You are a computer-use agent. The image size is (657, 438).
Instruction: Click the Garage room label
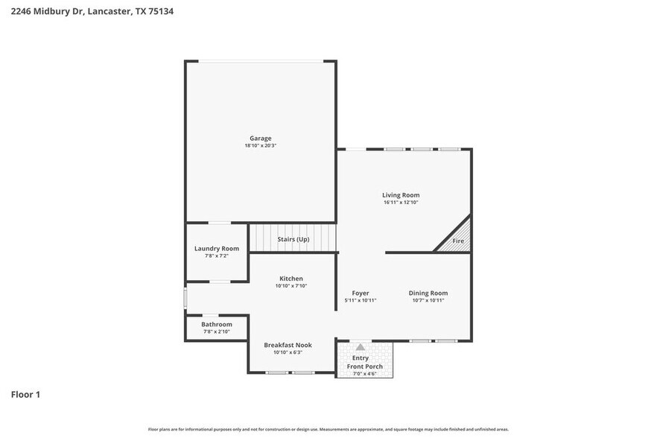(x=260, y=138)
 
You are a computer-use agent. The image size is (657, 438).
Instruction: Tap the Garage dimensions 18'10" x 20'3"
(x=260, y=146)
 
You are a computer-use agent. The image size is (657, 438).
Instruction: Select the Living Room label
(x=401, y=195)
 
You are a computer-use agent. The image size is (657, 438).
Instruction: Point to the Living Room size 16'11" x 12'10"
(x=401, y=203)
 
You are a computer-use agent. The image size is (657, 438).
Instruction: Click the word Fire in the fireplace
(x=458, y=241)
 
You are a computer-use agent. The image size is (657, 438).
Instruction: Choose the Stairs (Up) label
(x=293, y=239)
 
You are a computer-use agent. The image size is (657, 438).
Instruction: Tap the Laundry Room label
(x=217, y=248)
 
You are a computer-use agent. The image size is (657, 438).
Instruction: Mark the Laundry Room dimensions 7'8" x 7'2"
(x=217, y=256)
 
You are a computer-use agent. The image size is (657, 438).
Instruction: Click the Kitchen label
(x=291, y=279)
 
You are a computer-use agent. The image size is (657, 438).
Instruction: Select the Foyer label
(x=361, y=293)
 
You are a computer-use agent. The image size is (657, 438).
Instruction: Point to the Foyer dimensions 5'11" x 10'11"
(x=361, y=301)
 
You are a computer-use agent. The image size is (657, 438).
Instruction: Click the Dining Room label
(x=428, y=293)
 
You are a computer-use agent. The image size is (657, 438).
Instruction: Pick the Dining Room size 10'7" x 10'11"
(x=428, y=301)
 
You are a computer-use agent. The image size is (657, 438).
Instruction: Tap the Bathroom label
(x=217, y=324)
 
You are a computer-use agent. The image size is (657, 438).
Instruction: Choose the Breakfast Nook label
(x=288, y=345)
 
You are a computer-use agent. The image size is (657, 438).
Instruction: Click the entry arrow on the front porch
(x=361, y=347)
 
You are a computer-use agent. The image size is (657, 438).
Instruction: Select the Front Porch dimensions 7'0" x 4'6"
(x=365, y=374)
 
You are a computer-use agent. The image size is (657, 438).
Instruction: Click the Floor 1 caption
(x=25, y=394)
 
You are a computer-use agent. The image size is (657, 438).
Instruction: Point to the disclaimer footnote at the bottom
(x=328, y=430)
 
